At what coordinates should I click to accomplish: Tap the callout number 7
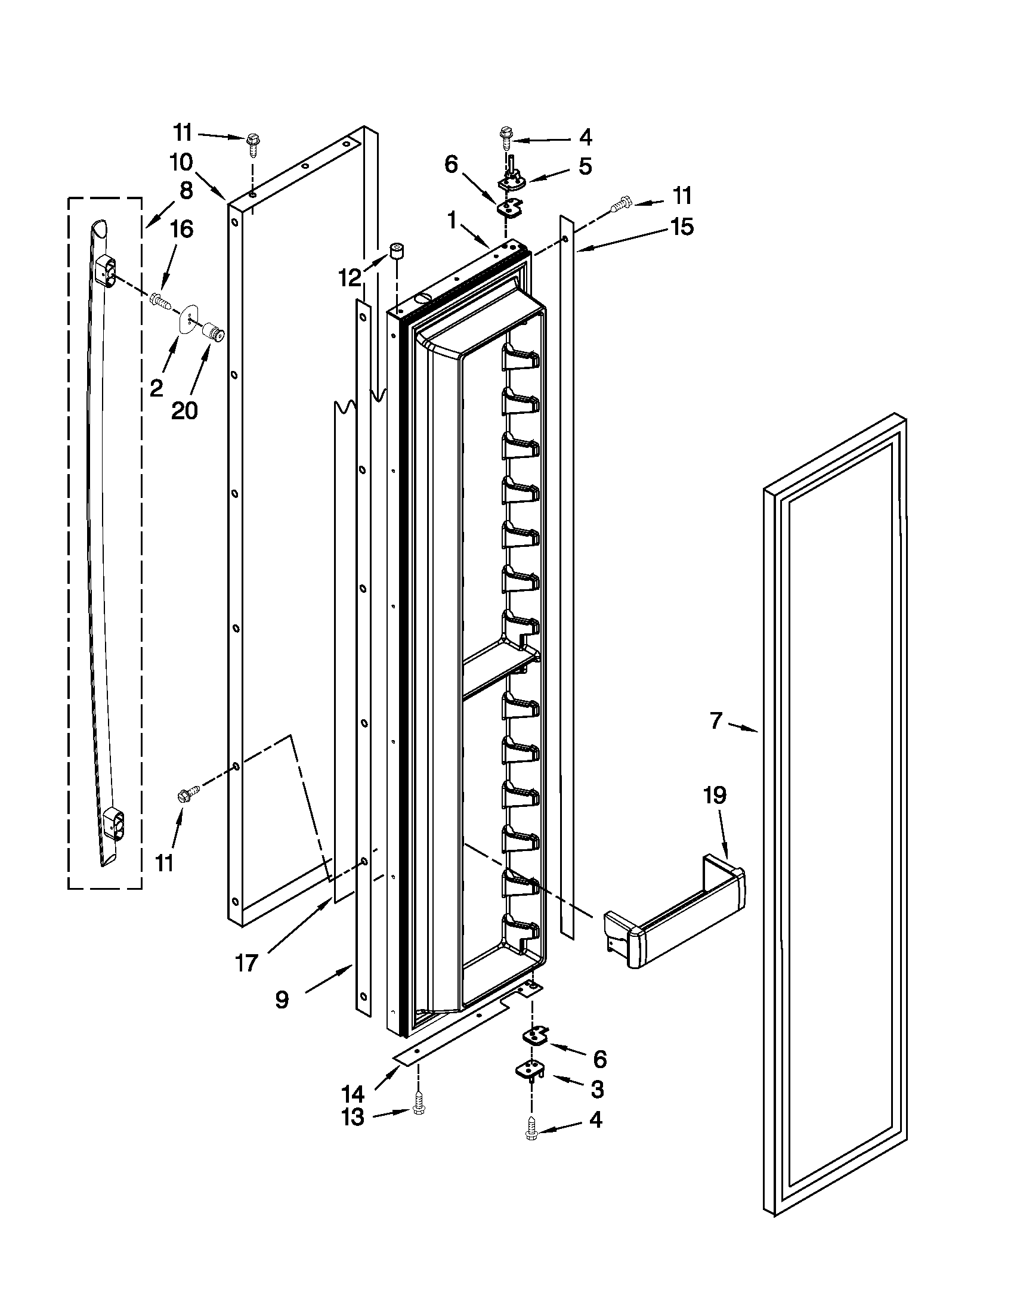click(x=715, y=720)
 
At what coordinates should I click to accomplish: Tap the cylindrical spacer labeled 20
click(x=212, y=331)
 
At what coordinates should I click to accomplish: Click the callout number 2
click(x=156, y=388)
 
